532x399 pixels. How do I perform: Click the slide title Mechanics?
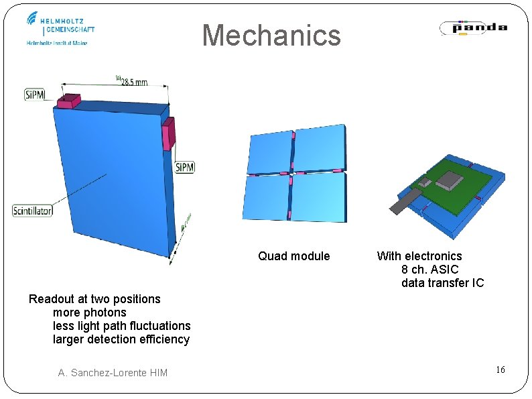(271, 36)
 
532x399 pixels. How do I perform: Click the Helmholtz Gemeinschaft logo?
(60, 28)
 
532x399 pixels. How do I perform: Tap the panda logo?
(473, 27)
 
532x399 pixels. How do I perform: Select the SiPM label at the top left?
(34, 95)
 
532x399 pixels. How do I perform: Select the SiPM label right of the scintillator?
(184, 167)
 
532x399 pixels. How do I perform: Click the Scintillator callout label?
(32, 211)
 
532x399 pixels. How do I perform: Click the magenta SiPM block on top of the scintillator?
(68, 101)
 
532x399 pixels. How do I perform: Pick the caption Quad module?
(294, 256)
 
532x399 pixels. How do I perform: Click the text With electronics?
(419, 256)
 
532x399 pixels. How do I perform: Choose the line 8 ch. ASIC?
(429, 270)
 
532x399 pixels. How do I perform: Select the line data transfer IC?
(442, 283)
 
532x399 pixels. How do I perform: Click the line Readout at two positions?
(94, 299)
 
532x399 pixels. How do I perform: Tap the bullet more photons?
(89, 312)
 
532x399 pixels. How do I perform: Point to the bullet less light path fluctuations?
(121, 326)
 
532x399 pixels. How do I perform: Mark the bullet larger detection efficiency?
(121, 339)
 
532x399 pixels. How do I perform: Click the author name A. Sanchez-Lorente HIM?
(113, 373)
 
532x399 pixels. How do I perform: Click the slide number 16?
(500, 370)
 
